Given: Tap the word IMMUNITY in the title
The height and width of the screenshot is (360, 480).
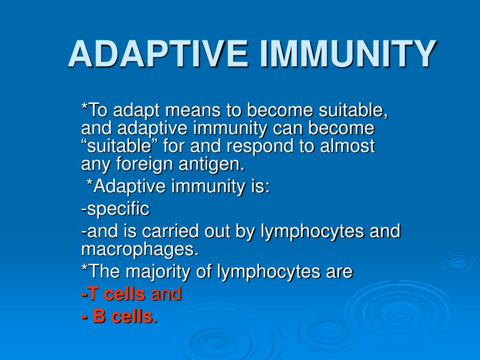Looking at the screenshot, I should (347, 54).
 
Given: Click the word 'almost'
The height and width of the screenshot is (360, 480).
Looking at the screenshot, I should (347, 146).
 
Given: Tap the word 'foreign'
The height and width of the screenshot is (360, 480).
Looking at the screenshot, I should (141, 164).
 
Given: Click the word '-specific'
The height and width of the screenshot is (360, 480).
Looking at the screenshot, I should (115, 209).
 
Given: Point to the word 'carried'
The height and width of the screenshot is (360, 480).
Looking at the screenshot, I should (174, 231).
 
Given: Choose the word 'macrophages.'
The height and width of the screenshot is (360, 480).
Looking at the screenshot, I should (140, 249).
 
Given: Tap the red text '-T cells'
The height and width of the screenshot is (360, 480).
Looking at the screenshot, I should (113, 294).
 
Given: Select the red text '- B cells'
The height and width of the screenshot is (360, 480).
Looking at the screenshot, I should (116, 316).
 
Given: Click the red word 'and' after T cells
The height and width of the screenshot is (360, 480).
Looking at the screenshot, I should (166, 294).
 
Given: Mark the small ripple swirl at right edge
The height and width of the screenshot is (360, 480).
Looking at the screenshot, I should (457, 262).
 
